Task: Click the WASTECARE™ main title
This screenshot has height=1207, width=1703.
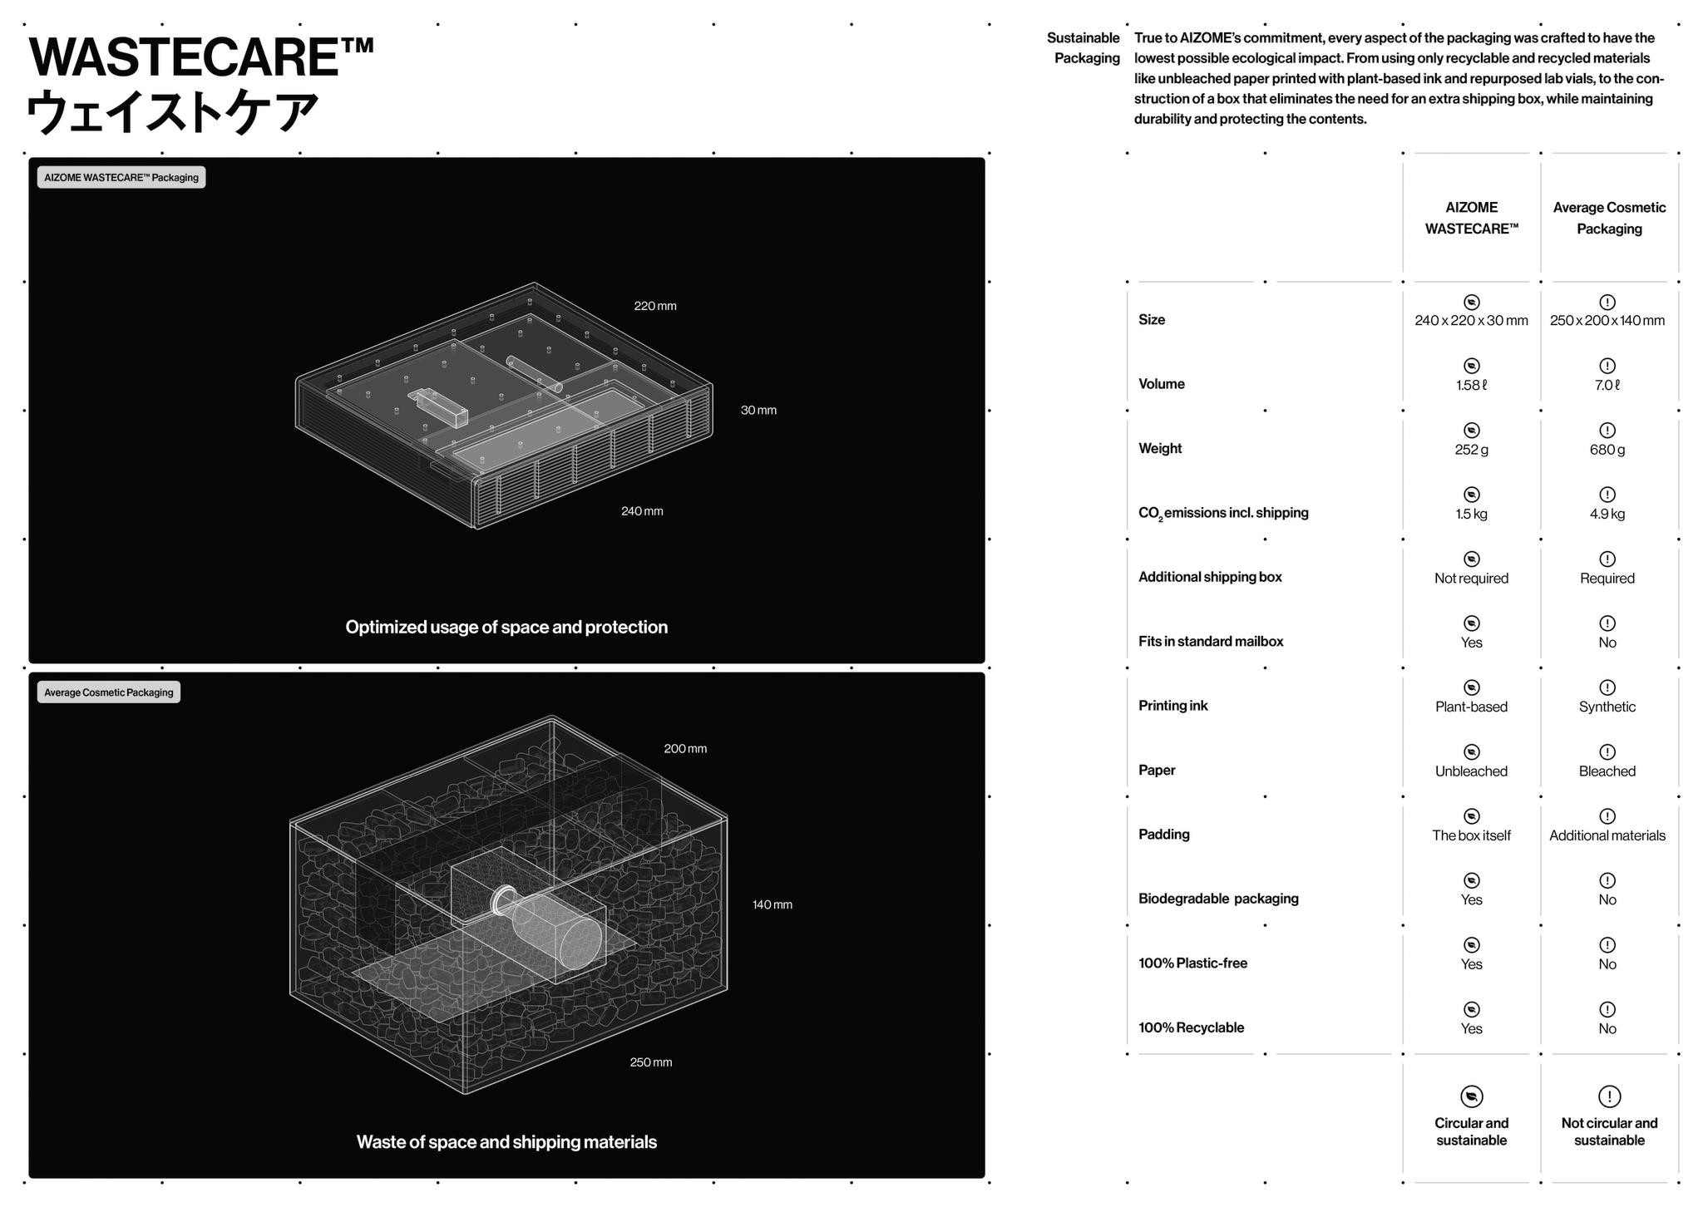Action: tap(200, 58)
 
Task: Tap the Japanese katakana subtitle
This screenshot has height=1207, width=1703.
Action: tap(173, 112)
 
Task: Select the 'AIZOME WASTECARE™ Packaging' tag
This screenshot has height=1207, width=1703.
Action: tap(121, 177)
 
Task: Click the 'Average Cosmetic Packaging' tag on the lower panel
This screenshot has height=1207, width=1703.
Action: tap(108, 692)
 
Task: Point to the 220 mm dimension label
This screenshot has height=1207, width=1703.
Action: tap(654, 306)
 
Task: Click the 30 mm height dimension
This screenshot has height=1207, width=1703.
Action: tap(758, 410)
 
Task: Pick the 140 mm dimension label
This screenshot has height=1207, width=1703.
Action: tap(772, 904)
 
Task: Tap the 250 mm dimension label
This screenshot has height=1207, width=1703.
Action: tap(650, 1062)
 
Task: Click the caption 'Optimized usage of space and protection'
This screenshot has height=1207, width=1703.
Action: tap(506, 628)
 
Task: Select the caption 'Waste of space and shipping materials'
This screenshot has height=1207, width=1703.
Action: tap(506, 1142)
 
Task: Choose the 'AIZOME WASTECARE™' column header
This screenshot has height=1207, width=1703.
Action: tap(1471, 218)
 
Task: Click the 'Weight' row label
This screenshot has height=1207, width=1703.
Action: tap(1160, 448)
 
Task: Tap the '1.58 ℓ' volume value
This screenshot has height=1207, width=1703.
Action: tap(1471, 385)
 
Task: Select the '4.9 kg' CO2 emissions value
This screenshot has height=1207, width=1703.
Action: tap(1607, 514)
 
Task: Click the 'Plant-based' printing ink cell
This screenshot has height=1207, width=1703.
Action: tap(1471, 707)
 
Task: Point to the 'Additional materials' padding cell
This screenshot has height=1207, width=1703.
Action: tap(1607, 835)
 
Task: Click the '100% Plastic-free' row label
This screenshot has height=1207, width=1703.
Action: tap(1192, 963)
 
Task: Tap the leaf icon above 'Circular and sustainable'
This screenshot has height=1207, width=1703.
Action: tap(1471, 1096)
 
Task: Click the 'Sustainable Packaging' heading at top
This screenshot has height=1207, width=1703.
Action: tap(1084, 48)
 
